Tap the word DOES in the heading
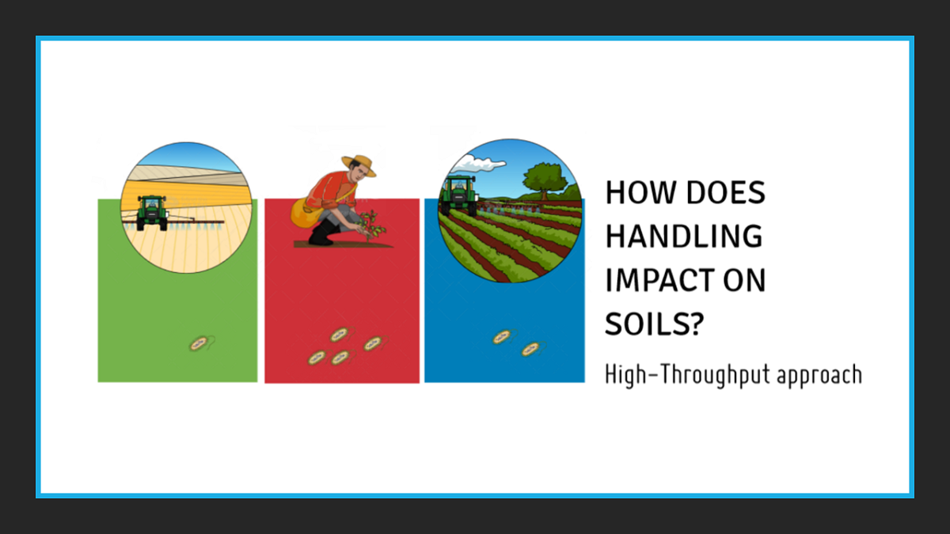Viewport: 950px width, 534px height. click(726, 192)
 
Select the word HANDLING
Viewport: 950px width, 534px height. click(684, 236)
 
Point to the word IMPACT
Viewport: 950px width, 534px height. click(659, 280)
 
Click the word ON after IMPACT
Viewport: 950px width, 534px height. click(744, 280)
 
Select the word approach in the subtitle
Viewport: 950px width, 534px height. click(819, 376)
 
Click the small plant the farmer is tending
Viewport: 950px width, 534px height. click(371, 226)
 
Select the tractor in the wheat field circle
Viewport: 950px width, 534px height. click(152, 213)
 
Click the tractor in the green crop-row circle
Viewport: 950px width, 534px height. click(459, 195)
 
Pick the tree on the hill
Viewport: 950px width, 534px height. click(545, 180)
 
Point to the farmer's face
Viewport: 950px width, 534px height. click(359, 173)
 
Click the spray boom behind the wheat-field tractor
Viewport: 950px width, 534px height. click(174, 222)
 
